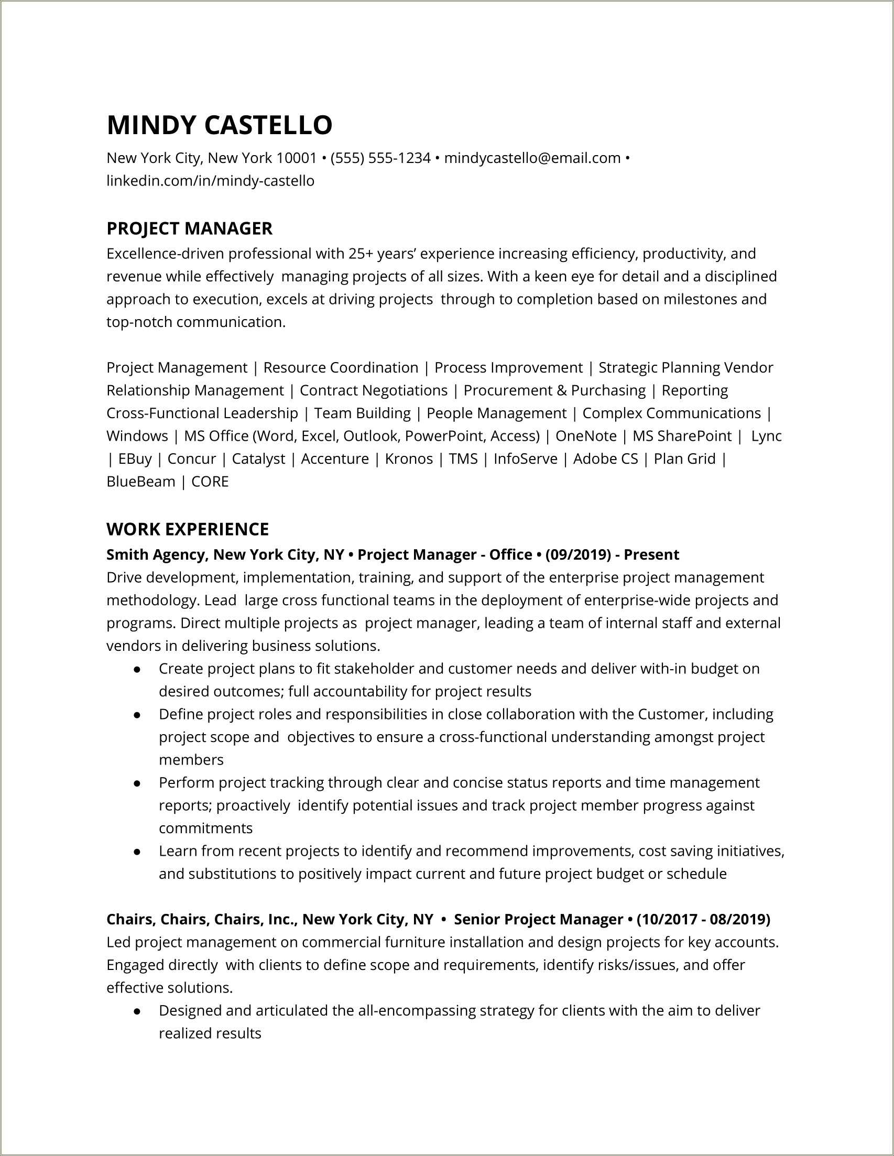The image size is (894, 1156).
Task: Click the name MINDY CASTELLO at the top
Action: click(x=219, y=125)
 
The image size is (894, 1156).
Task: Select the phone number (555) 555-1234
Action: click(x=380, y=158)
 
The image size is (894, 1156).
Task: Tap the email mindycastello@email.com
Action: click(x=532, y=158)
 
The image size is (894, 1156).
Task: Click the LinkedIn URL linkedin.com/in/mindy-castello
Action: click(x=210, y=181)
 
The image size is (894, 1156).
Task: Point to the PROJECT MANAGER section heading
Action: click(x=189, y=228)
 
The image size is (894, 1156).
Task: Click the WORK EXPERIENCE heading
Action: click(x=188, y=529)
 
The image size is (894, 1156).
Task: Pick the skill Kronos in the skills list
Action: click(x=409, y=459)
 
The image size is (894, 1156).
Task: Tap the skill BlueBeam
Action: click(x=140, y=482)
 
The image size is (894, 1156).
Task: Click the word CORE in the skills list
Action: click(x=210, y=482)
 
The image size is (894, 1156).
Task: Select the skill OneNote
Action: click(x=586, y=435)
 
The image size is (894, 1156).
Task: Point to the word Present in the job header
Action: click(x=651, y=555)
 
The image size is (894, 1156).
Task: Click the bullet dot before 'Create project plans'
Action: click(x=137, y=669)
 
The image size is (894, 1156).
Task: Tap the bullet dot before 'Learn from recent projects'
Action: click(x=137, y=852)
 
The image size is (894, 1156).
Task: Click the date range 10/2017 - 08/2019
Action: click(x=703, y=919)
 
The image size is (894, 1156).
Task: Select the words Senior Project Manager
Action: click(x=538, y=919)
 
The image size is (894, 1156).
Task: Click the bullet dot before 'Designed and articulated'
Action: click(x=137, y=1011)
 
